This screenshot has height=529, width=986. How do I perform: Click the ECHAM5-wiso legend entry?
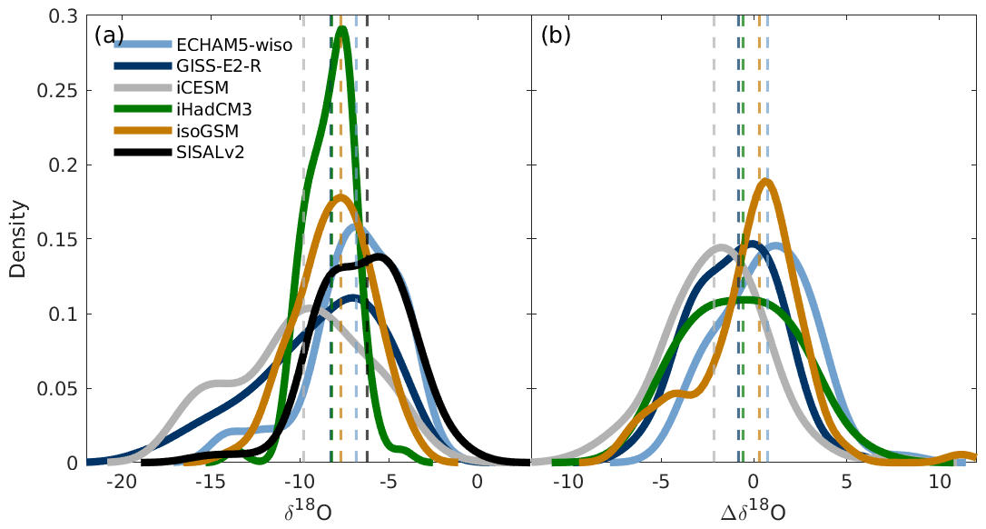pos(246,44)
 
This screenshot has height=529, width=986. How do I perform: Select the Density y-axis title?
pos(17,239)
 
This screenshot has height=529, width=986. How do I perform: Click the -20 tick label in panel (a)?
pos(121,483)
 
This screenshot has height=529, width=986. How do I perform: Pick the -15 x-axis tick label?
pos(210,483)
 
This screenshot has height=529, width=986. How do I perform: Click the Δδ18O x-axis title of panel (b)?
pos(753,511)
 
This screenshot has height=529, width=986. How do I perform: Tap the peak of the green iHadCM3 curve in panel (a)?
pos(342,29)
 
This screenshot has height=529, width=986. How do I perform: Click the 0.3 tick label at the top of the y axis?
pos(64,16)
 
